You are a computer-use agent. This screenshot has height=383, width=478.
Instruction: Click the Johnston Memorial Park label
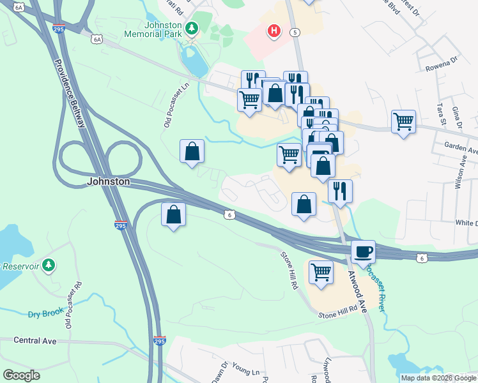[157, 30]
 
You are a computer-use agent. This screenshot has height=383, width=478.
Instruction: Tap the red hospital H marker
[274, 31]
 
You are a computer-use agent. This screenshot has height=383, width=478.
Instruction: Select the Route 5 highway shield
[295, 32]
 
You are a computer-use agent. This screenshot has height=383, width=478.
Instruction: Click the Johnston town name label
[109, 182]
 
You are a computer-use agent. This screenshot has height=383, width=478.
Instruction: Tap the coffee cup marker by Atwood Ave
[363, 251]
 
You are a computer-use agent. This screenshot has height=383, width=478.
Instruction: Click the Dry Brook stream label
[43, 313]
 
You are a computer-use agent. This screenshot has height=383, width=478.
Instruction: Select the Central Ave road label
[35, 341]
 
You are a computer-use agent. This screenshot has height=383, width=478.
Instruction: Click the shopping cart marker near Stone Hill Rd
[321, 272]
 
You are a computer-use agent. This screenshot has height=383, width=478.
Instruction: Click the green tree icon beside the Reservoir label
[50, 265]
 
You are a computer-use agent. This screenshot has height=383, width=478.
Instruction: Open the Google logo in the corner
[21, 375]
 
